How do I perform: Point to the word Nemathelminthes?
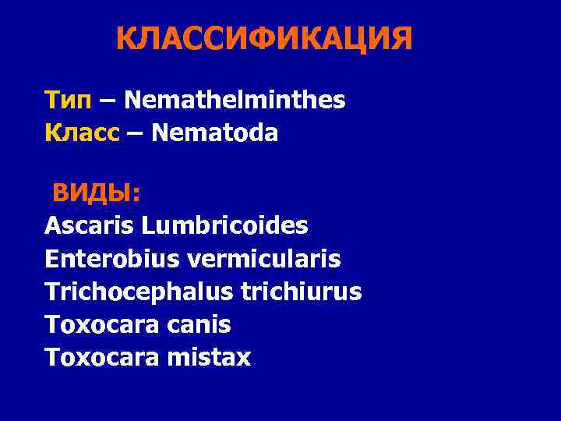(x=235, y=101)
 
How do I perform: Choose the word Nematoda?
(x=215, y=133)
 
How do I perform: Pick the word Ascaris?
(x=90, y=226)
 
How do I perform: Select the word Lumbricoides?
(x=225, y=226)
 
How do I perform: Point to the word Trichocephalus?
(x=129, y=292)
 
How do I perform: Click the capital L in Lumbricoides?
(x=148, y=226)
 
